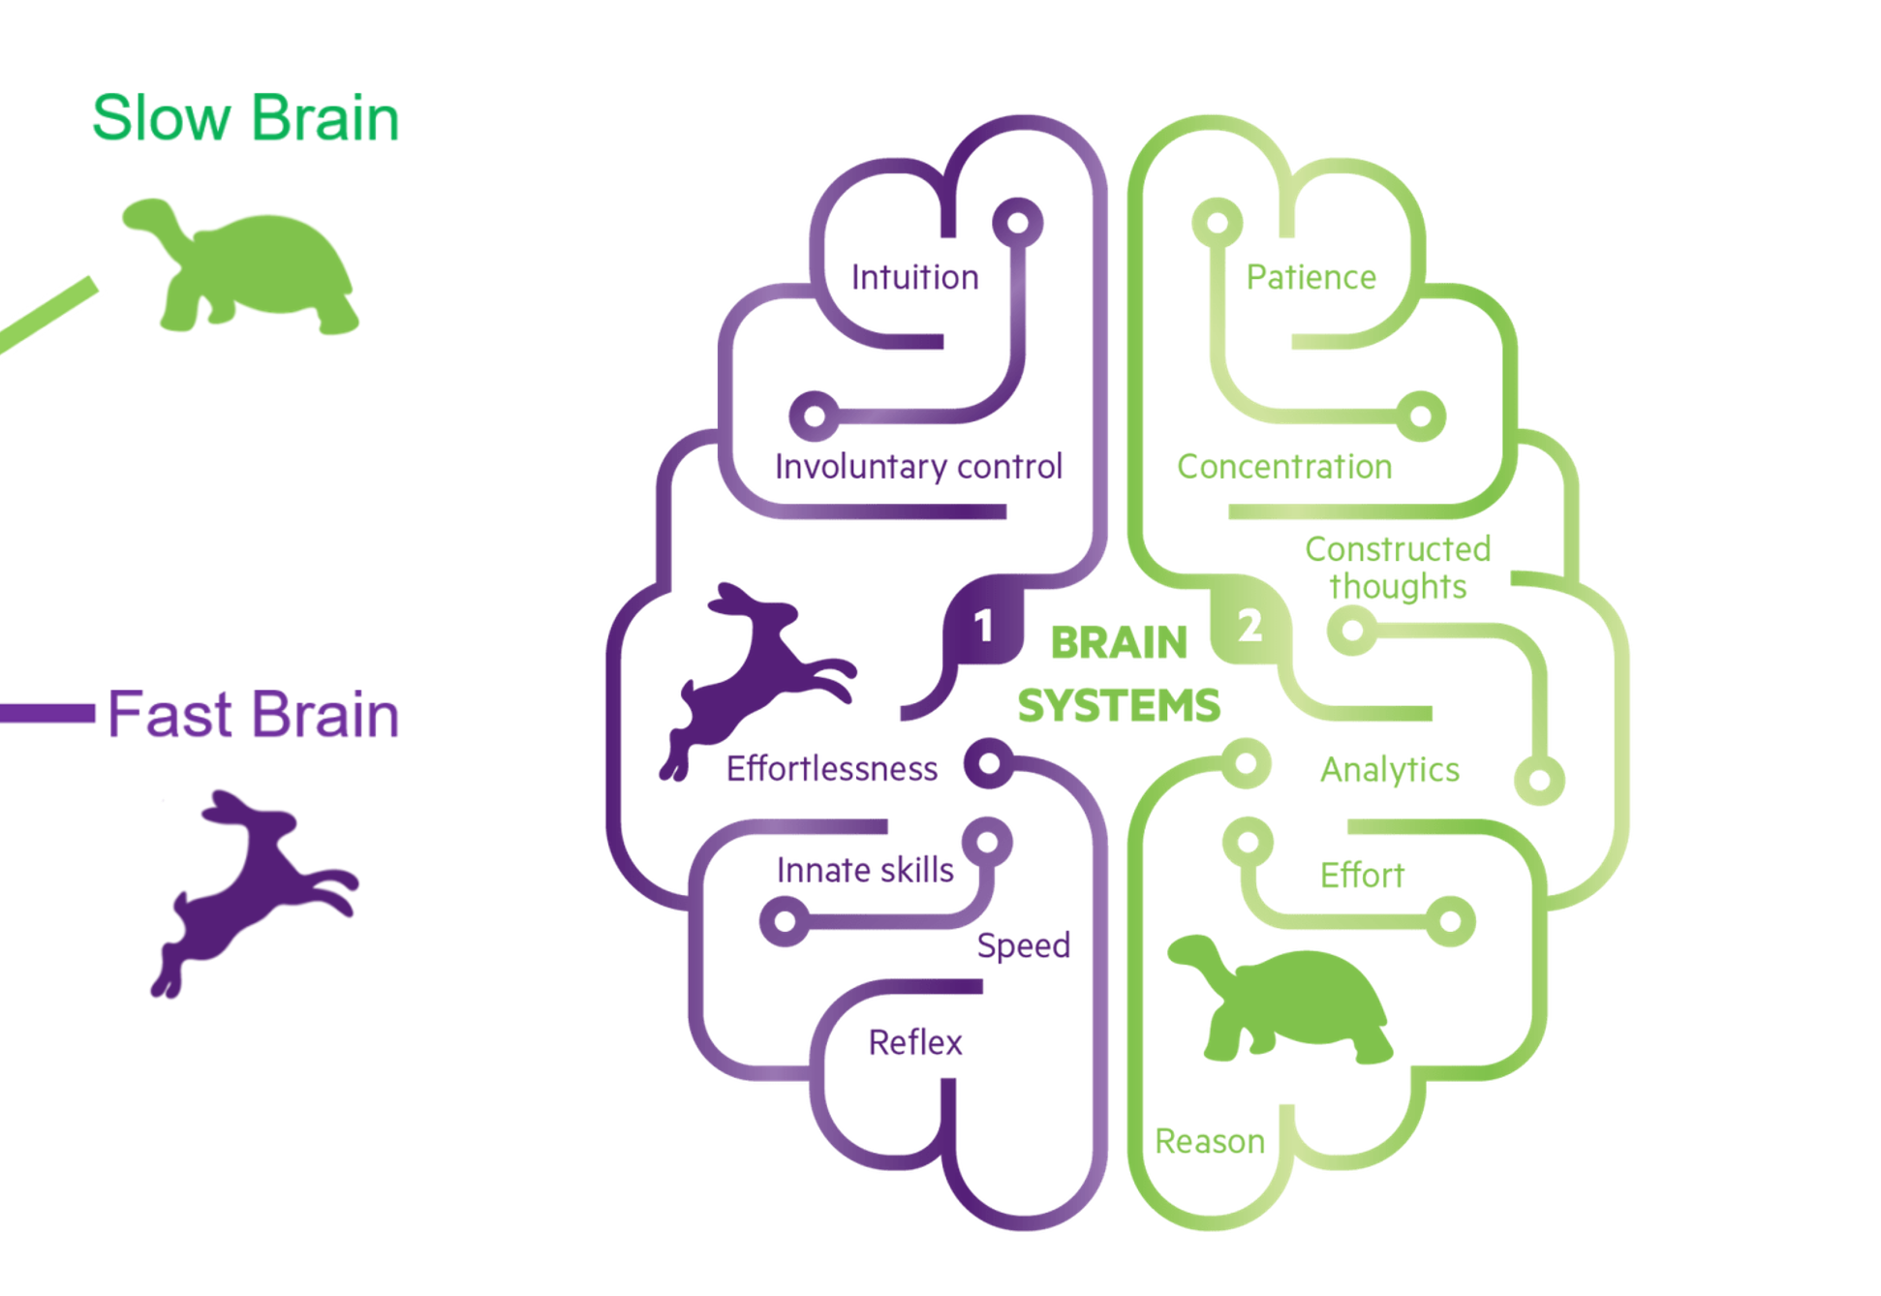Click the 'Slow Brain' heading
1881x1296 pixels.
click(x=245, y=118)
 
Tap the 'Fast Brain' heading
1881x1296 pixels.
click(x=253, y=715)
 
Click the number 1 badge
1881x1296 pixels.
click(x=983, y=626)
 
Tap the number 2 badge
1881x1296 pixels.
click(x=1249, y=626)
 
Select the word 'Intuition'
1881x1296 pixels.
click(x=914, y=278)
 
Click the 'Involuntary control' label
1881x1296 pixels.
click(x=918, y=467)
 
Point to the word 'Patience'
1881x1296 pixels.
click(x=1311, y=278)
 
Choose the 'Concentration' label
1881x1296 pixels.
click(x=1284, y=467)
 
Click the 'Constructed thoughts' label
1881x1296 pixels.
click(x=1397, y=568)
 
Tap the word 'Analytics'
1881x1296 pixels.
click(x=1389, y=770)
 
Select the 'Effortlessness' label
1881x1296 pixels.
click(x=831, y=769)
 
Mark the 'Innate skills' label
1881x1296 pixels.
click(x=864, y=870)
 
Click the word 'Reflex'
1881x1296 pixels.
click(x=915, y=1043)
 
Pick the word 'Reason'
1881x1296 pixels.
click(x=1210, y=1141)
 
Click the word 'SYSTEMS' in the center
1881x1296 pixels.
click(x=1119, y=705)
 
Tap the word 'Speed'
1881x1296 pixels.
click(x=1023, y=945)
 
